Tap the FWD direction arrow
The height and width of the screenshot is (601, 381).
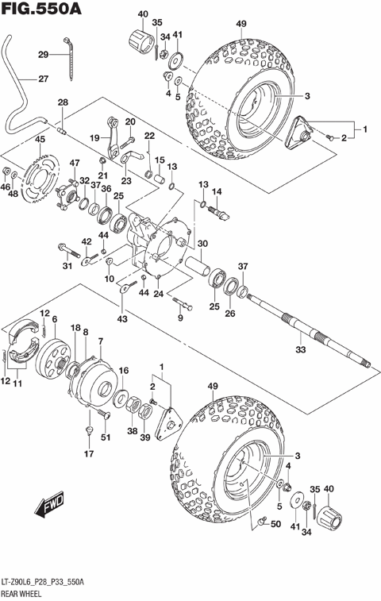tap(52, 504)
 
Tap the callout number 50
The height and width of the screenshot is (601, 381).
tap(275, 525)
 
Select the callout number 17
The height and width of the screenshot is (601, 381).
tap(89, 454)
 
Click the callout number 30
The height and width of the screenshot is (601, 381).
tap(202, 244)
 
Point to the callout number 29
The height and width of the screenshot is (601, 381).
tap(43, 54)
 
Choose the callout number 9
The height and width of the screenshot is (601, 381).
tap(180, 318)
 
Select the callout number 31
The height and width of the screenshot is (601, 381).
tap(67, 266)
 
